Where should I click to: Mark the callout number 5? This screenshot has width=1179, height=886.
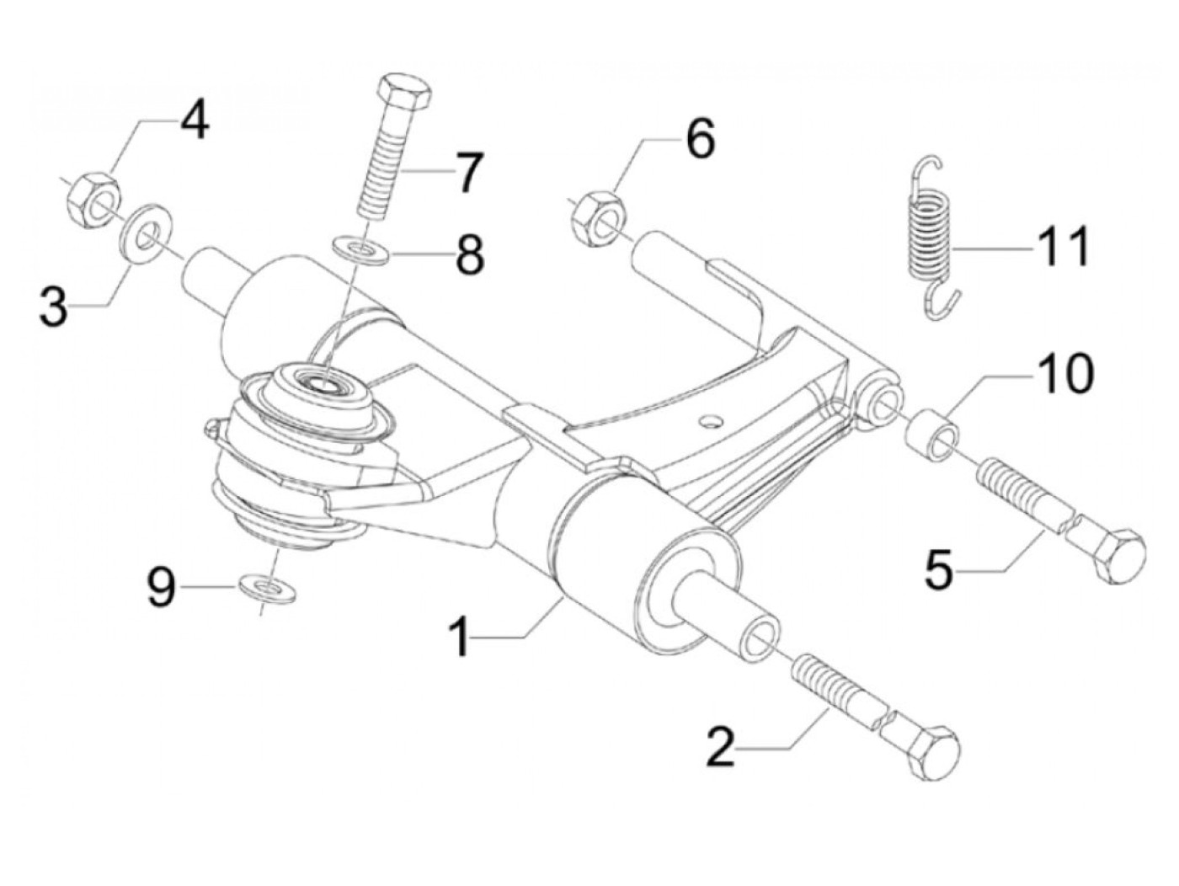point(939,570)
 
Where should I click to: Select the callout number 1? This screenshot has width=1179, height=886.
point(461,638)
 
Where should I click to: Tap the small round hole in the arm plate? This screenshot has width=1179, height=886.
point(714,419)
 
